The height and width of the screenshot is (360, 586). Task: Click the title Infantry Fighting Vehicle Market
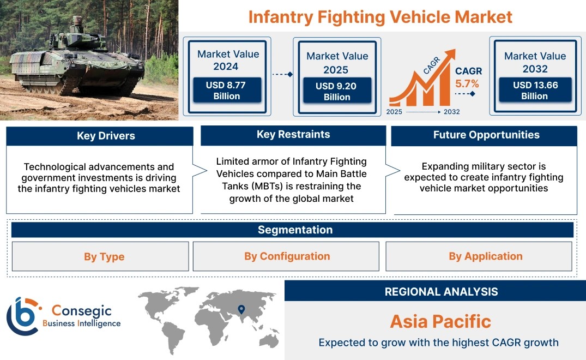[x=380, y=17]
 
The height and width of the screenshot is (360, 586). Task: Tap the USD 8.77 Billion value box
[x=227, y=90]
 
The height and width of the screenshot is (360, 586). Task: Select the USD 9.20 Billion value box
[x=337, y=91]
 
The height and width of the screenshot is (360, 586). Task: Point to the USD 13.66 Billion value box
[x=535, y=90]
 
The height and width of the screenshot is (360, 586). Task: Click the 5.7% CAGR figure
[x=467, y=84]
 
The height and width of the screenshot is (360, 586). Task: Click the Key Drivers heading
[x=106, y=136]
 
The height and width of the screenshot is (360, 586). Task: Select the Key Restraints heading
[x=293, y=134]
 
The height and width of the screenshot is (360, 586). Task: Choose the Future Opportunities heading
[x=486, y=135]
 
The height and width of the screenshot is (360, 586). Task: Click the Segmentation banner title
[x=295, y=230]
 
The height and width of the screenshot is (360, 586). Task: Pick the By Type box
[x=100, y=256]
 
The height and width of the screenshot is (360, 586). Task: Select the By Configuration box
[x=286, y=256]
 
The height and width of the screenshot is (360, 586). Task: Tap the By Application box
[x=479, y=256]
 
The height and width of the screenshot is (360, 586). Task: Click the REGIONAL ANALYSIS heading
[x=442, y=292]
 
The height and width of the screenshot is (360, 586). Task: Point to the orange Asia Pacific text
[x=440, y=321]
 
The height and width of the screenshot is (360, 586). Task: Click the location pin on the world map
[x=241, y=309]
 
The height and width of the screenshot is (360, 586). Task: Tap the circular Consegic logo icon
[x=22, y=316]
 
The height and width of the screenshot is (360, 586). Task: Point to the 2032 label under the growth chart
[x=452, y=112]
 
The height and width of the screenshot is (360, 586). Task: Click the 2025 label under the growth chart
[x=394, y=112]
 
